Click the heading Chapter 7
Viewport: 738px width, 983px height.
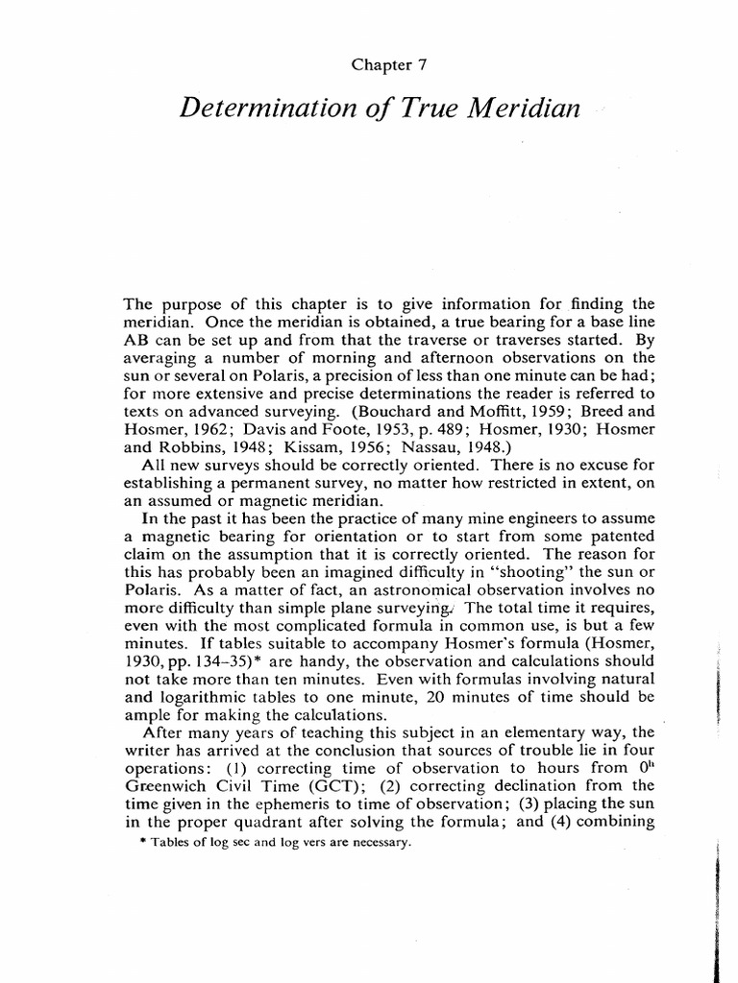coord(388,66)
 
